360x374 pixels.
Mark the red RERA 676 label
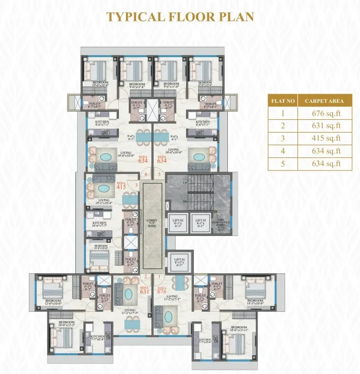161,290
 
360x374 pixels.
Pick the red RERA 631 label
145,290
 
